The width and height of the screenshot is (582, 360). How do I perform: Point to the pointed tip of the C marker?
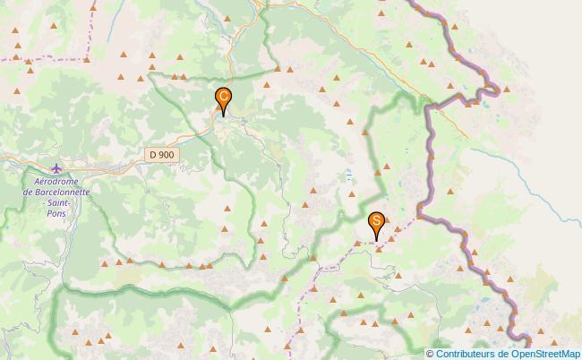[223, 116]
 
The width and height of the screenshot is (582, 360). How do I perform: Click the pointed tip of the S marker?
[377, 240]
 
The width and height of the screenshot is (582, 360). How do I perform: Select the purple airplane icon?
[58, 168]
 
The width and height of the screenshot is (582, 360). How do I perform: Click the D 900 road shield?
[162, 155]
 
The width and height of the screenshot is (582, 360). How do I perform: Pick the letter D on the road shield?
[153, 155]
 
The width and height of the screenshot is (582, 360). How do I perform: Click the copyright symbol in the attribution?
[430, 353]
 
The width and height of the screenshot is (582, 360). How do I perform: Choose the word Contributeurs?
[464, 353]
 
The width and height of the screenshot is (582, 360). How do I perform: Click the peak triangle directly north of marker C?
[227, 18]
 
